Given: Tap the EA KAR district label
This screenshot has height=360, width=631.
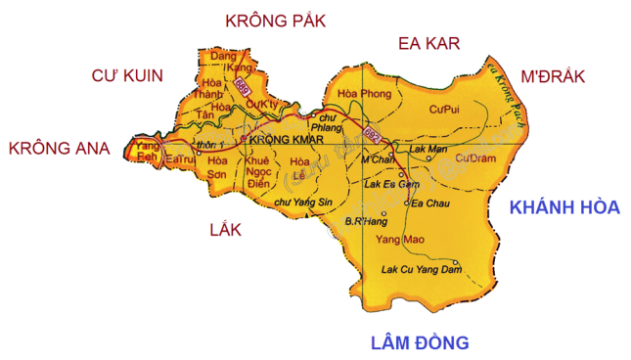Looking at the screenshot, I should pyautogui.click(x=428, y=43).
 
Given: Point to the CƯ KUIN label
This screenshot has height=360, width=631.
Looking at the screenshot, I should pyautogui.click(x=127, y=75).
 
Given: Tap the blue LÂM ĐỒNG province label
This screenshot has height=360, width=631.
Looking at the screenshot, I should pyautogui.click(x=420, y=341).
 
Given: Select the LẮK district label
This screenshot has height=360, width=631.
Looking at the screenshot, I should pyautogui.click(x=225, y=229).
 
